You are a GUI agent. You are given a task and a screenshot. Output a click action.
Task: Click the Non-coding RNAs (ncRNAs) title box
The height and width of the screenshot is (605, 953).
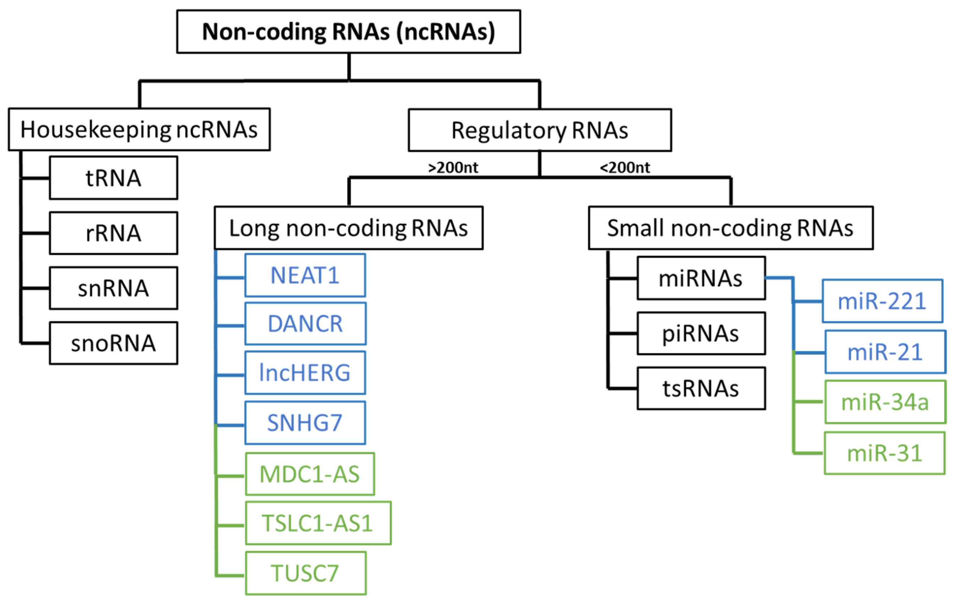[x=348, y=32]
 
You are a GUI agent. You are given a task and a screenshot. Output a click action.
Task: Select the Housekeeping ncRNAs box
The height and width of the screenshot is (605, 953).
[x=139, y=129]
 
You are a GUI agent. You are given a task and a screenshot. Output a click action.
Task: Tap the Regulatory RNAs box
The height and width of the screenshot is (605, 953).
[x=539, y=130]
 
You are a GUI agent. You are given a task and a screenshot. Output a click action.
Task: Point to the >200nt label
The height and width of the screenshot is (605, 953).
[x=453, y=167]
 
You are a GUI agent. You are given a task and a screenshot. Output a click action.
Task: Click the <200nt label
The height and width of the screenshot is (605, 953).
[x=625, y=167]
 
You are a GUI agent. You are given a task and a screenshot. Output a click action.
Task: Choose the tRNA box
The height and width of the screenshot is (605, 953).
[x=113, y=178]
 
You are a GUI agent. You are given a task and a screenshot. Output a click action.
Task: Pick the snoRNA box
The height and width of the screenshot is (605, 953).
[x=113, y=343]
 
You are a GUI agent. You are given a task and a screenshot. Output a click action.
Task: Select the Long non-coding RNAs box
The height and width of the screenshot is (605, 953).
[x=348, y=228]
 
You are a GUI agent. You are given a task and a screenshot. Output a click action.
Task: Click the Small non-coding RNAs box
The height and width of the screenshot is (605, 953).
[x=730, y=228]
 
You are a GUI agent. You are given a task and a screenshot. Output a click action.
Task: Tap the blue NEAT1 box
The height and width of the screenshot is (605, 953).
[x=305, y=275]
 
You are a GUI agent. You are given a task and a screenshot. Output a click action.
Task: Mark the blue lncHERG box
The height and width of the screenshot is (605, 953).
[x=305, y=373]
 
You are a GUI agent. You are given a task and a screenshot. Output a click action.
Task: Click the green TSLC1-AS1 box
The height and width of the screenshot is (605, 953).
[x=318, y=523]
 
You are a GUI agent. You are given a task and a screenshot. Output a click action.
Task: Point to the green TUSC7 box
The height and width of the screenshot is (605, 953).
[x=305, y=573]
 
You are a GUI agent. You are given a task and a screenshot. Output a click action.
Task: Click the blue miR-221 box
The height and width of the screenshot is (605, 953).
[x=882, y=301]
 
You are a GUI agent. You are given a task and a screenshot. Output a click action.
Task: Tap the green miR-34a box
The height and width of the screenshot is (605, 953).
[x=884, y=402]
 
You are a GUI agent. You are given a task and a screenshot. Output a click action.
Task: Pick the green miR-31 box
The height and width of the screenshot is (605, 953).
[x=884, y=453]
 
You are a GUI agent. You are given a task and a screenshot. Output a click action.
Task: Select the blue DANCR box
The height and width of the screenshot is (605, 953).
[x=305, y=323]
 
